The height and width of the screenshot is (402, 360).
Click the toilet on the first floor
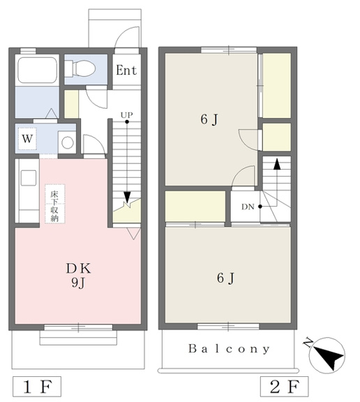80,68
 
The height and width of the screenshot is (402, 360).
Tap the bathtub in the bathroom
37,70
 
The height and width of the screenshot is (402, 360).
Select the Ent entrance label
126,70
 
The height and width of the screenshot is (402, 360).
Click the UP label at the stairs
127,114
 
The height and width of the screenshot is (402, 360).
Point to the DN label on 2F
248,207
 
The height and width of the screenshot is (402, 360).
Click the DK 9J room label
78,276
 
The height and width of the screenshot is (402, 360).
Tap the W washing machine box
27,139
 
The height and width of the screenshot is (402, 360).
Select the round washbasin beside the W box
68,142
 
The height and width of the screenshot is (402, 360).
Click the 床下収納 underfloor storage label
55,204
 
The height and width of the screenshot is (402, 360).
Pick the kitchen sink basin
29,178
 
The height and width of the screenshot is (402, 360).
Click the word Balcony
229,349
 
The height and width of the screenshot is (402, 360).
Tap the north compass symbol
327,355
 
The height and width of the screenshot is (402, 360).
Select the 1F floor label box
37,387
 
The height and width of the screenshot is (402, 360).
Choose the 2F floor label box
285,387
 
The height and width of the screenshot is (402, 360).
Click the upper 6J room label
209,120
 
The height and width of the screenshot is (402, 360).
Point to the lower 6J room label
225,278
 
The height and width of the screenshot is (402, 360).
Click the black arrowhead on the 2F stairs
277,164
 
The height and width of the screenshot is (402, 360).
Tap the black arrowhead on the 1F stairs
127,197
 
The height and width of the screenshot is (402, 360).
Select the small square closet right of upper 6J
277,137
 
